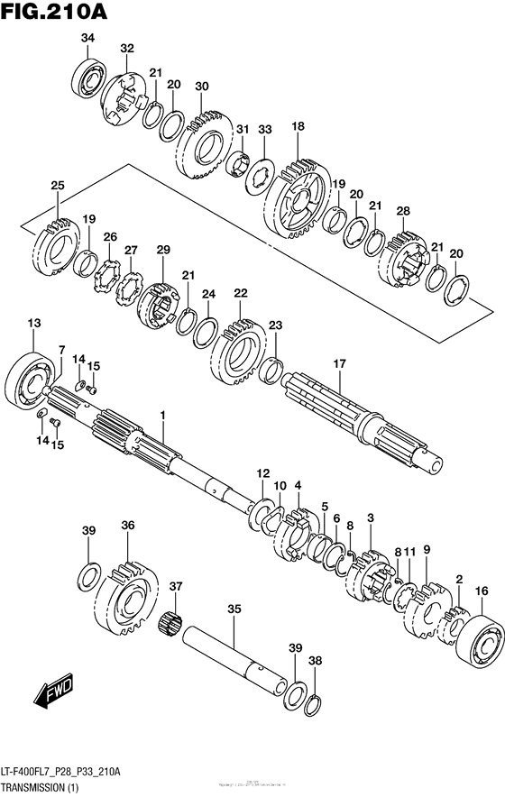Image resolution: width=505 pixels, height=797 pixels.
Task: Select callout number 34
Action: pos(87,38)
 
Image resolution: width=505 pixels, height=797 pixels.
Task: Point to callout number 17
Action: pos(339,363)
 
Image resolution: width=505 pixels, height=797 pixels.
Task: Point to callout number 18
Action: pos(298,127)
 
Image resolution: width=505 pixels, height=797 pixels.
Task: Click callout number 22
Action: pos(240,293)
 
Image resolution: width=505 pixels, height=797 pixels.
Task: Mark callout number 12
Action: pos(262,472)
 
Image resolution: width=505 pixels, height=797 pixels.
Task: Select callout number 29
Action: pos(162,249)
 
